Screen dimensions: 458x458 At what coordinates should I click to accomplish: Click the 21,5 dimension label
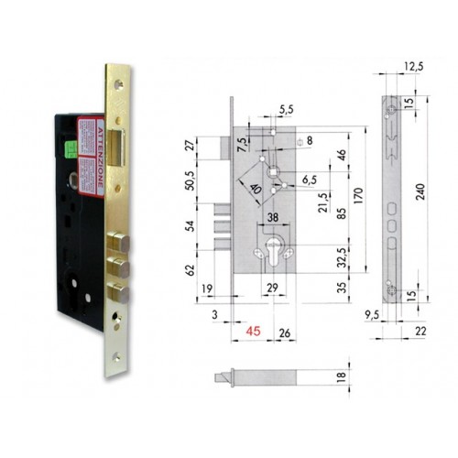(x=322, y=200)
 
